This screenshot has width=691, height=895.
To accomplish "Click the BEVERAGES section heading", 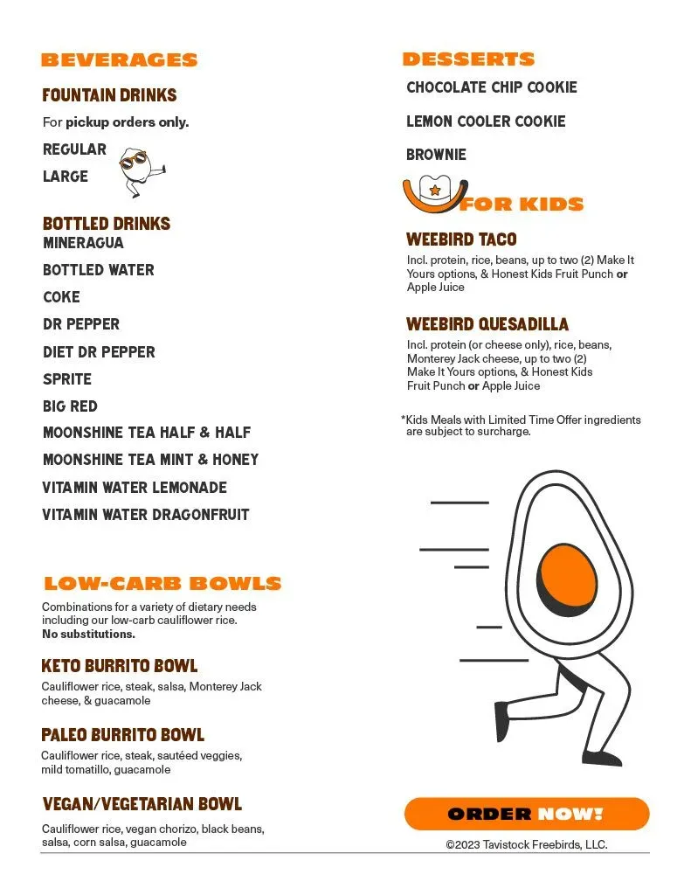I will click(119, 60).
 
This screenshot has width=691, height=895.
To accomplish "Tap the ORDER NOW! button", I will click(526, 814).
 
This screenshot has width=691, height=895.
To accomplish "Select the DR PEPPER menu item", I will click(81, 324).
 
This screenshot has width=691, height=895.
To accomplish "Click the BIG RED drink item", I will click(70, 406).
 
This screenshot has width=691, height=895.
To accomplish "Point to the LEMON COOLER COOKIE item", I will click(486, 121).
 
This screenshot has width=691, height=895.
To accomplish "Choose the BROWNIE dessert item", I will click(436, 155).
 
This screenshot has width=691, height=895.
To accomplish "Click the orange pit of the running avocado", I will click(569, 574).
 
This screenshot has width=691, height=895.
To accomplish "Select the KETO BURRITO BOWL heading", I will click(120, 667).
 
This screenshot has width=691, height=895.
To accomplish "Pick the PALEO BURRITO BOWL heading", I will click(122, 735).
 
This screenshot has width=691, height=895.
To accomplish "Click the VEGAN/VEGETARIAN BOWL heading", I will click(142, 804).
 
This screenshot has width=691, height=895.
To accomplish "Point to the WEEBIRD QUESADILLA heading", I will click(487, 325).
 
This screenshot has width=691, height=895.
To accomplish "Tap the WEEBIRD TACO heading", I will click(461, 239).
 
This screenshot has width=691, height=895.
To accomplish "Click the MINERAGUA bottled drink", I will click(83, 243).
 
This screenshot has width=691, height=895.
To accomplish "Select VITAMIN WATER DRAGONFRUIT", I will click(145, 515).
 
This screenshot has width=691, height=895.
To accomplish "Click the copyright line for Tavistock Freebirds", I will click(526, 845).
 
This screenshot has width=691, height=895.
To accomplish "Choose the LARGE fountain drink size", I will click(66, 177).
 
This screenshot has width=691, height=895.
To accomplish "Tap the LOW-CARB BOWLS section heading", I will click(162, 584).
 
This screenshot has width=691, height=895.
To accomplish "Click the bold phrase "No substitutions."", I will click(88, 634).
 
